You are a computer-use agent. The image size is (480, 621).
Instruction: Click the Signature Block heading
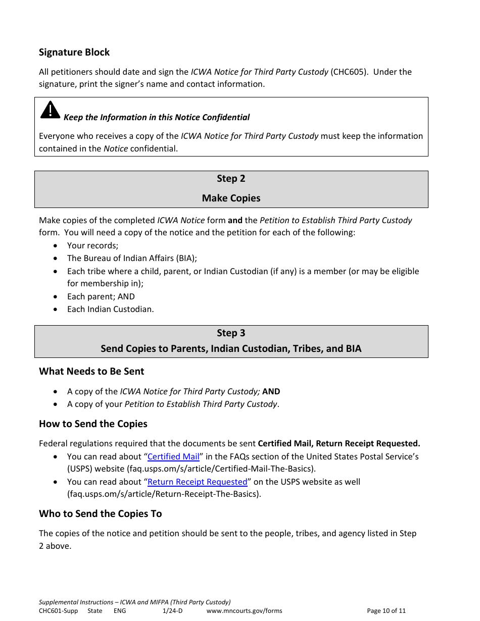(74, 53)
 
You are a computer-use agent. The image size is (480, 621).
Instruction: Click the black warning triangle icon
(50, 110)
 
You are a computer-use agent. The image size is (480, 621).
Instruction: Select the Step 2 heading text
(231, 179)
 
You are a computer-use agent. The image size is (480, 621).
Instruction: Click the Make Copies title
(231, 198)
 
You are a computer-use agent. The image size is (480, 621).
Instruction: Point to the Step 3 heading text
(231, 333)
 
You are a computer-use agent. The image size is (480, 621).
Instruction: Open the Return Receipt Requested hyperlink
(197, 482)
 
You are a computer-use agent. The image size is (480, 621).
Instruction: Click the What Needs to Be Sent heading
(91, 372)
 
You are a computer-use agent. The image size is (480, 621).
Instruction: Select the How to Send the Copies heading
(93, 424)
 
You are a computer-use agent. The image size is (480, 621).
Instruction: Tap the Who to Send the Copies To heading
(100, 514)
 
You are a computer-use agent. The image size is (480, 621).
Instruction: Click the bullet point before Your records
(55, 246)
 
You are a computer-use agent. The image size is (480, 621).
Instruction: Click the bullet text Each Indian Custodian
(110, 309)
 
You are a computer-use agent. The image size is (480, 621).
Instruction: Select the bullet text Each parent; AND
(101, 296)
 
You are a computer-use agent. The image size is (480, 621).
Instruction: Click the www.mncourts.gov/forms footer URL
(244, 611)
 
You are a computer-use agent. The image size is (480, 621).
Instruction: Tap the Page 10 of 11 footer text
(386, 611)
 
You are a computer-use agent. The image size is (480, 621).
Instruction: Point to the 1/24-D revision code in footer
(172, 611)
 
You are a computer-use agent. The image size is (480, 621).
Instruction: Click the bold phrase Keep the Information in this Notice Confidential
(157, 118)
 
